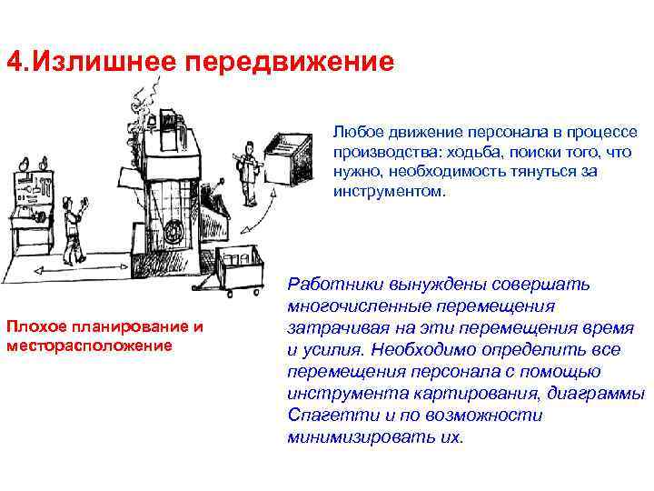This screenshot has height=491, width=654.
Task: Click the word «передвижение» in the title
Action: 291,63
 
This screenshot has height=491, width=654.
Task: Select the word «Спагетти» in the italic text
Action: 322,416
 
